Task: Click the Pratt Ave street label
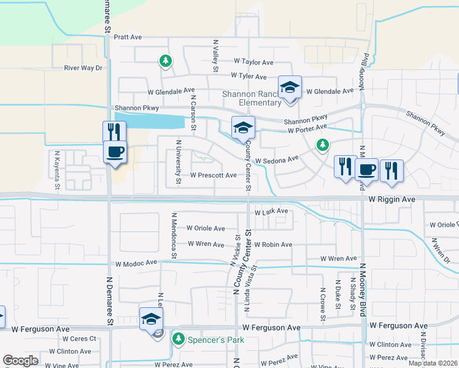point(127,37)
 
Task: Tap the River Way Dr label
point(83,68)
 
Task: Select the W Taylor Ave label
point(253,63)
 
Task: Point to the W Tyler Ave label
point(249,77)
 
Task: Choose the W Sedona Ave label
point(276,161)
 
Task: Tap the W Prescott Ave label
point(213,175)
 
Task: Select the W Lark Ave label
point(271,212)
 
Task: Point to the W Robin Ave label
point(273,245)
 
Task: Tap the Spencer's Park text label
point(216,340)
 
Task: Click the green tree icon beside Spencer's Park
point(179,339)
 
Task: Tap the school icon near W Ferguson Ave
point(151,318)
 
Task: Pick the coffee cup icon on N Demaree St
point(115,151)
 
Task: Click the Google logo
point(21,361)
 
